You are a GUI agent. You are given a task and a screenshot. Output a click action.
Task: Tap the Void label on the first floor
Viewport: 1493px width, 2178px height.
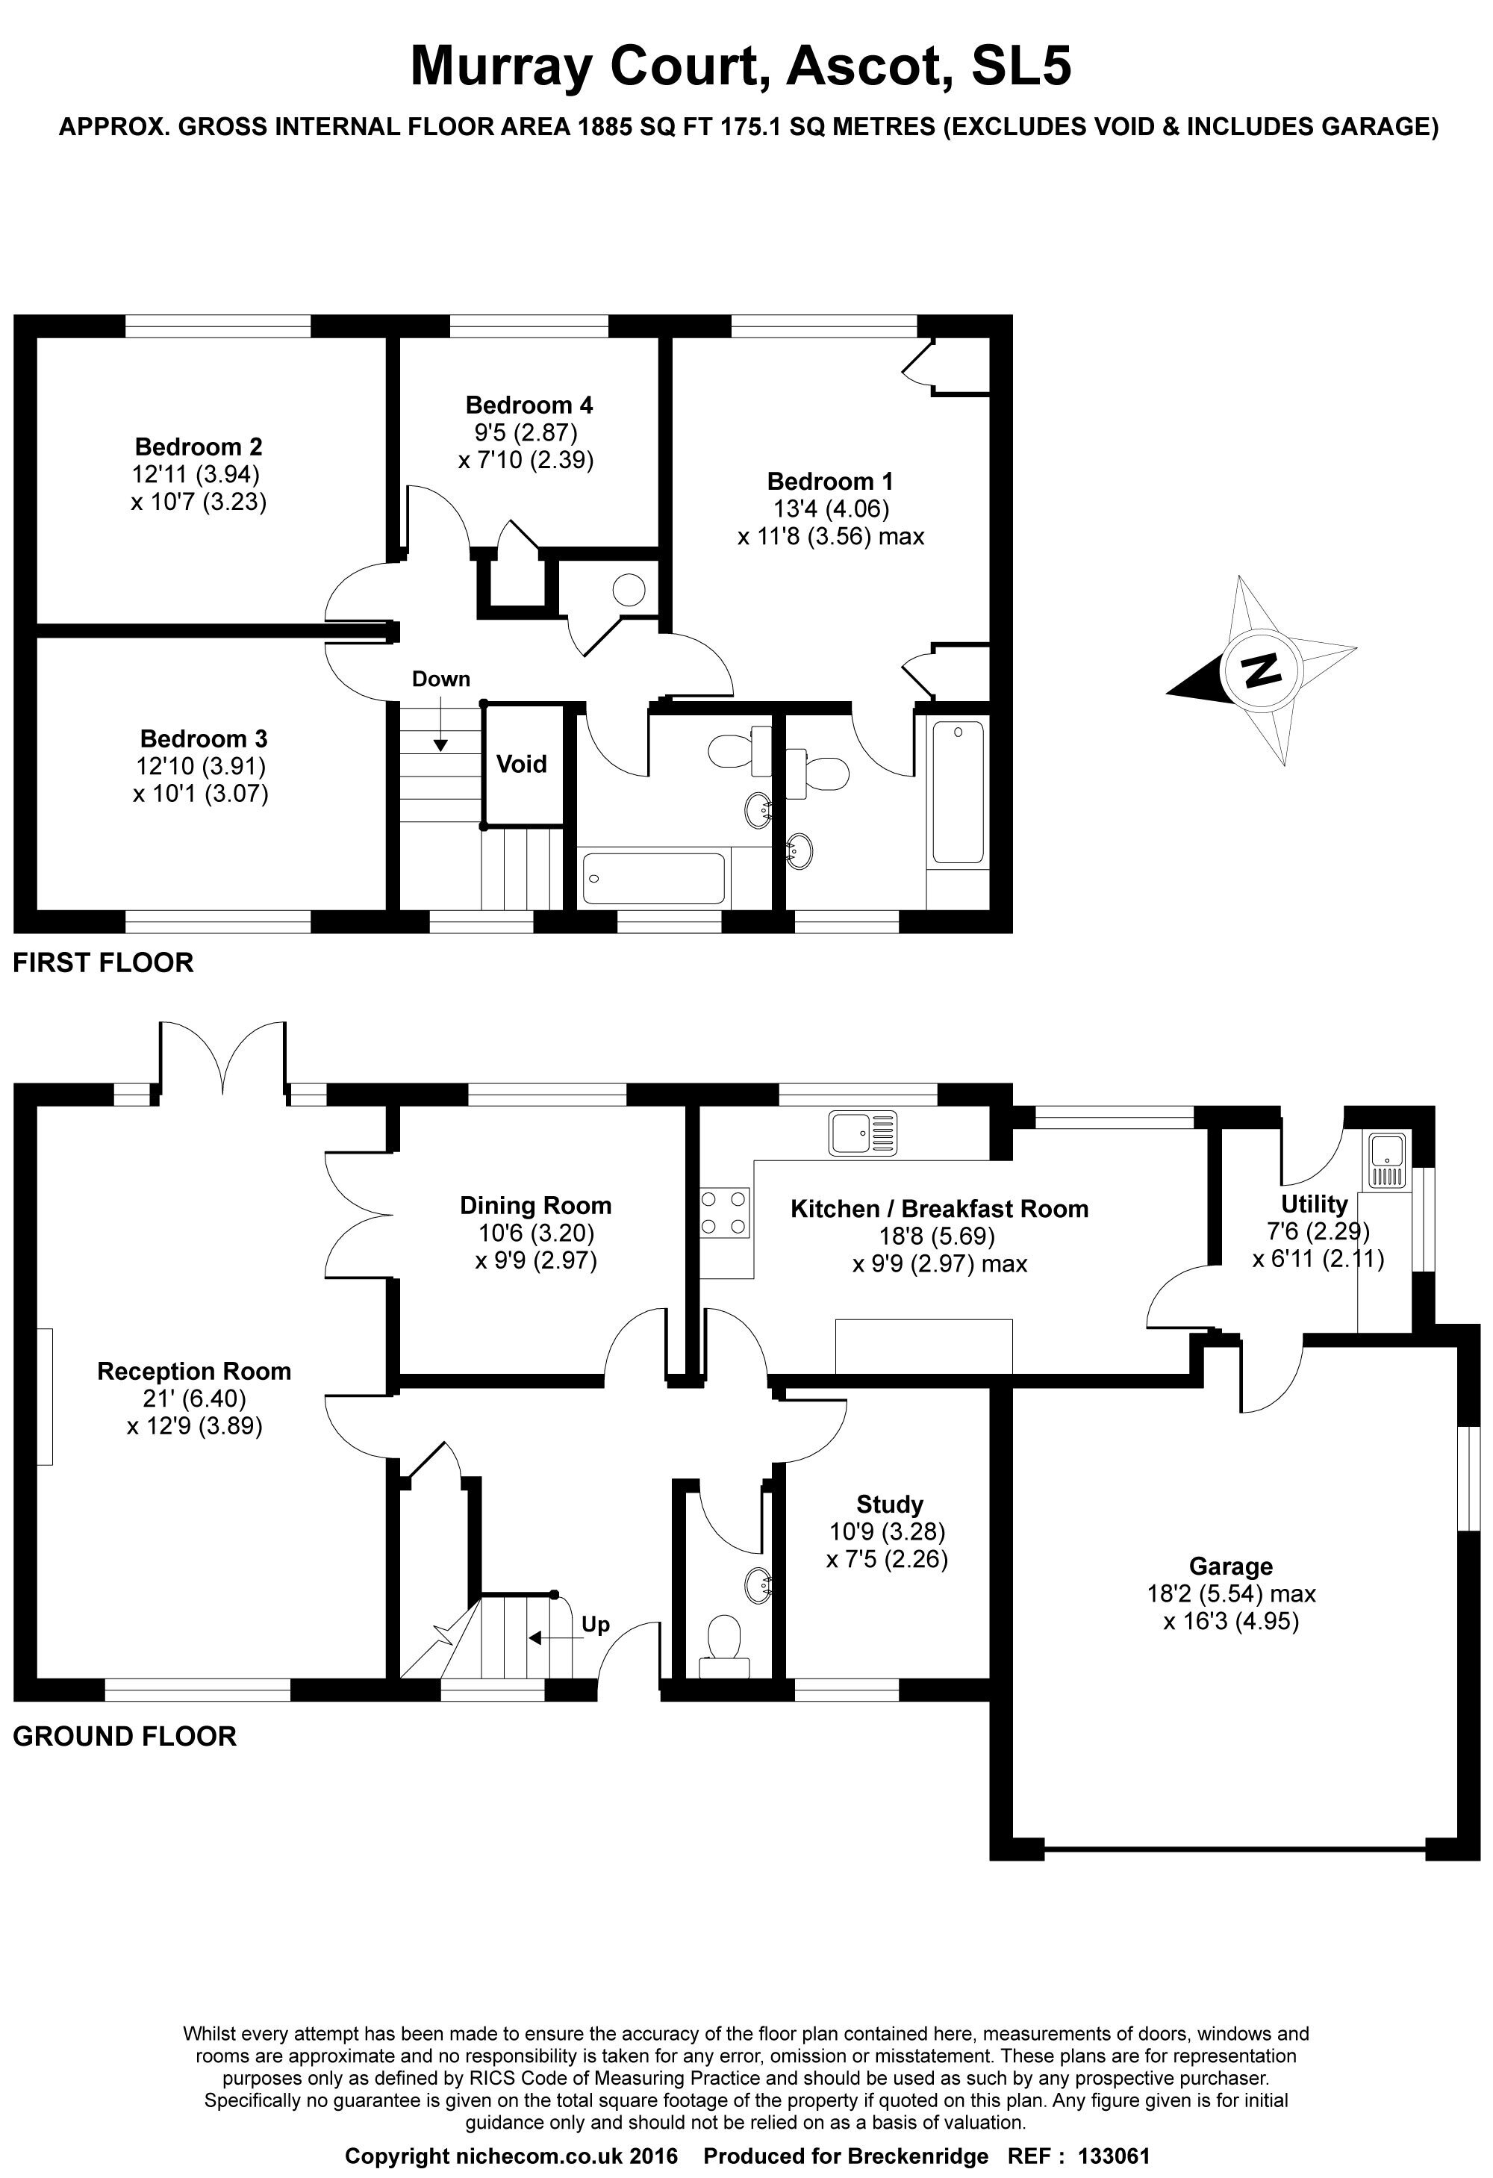(521, 764)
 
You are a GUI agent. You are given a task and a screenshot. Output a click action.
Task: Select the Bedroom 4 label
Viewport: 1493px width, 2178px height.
(529, 405)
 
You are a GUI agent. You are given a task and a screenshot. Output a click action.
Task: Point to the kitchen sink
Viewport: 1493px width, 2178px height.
(862, 1132)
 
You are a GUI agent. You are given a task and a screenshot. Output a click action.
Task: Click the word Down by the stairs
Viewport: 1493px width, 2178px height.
(440, 679)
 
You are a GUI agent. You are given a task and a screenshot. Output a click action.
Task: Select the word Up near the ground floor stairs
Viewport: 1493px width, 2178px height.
(595, 1624)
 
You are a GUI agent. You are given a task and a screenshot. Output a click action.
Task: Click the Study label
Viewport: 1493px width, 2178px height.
(889, 1505)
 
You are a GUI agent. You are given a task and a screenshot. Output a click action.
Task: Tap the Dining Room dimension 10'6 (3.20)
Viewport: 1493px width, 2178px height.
(535, 1233)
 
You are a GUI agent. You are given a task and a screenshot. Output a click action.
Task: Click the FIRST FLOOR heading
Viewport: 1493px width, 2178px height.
(103, 962)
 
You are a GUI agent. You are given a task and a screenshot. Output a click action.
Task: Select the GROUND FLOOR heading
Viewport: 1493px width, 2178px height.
(125, 1736)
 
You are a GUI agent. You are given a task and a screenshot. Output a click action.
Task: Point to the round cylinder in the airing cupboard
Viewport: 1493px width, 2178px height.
(629, 589)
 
